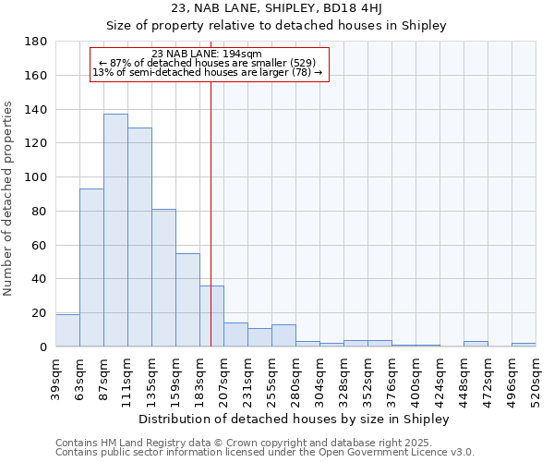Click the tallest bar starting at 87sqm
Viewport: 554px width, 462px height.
115,231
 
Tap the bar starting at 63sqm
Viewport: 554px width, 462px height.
91,268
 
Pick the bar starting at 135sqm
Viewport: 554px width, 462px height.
163,278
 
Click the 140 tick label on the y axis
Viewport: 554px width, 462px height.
36,110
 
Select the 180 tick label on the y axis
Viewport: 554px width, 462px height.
36,42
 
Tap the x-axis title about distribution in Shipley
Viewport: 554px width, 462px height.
295,419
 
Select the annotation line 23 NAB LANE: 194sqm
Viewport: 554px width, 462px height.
206,54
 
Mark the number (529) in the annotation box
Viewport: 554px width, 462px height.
302,63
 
